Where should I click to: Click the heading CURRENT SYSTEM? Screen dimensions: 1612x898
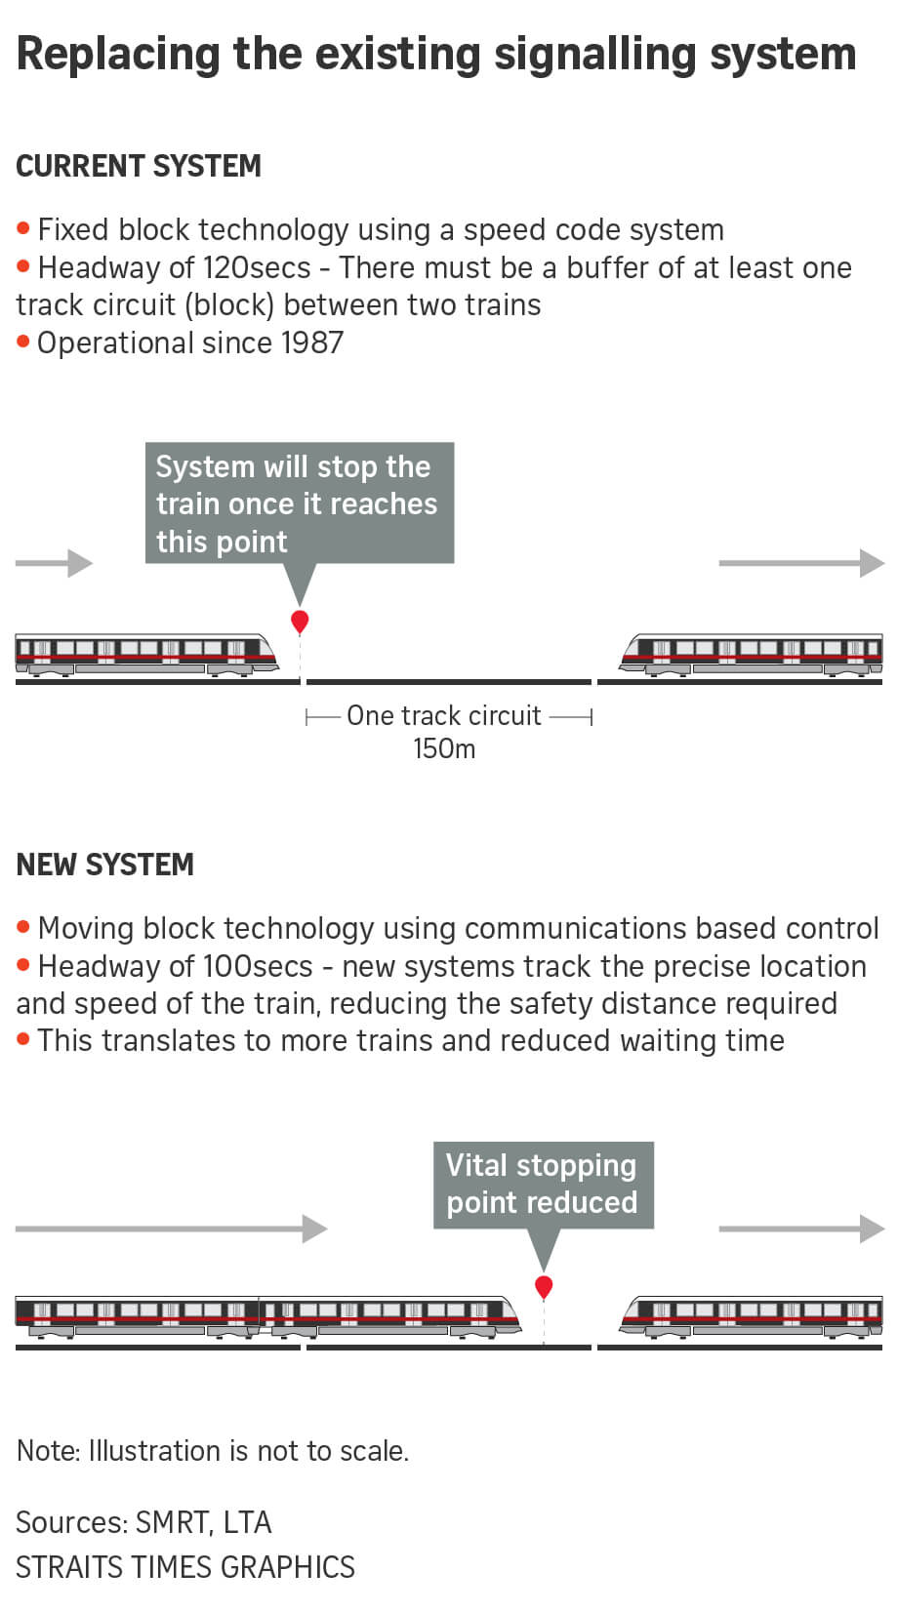(139, 167)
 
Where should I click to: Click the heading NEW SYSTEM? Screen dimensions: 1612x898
(105, 865)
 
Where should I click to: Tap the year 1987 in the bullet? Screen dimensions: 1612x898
(312, 343)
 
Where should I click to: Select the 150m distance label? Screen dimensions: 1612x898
(444, 749)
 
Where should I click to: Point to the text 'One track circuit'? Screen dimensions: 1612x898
(444, 716)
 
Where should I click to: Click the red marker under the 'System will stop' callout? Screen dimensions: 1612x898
(300, 621)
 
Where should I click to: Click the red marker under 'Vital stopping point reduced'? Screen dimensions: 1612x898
(544, 1287)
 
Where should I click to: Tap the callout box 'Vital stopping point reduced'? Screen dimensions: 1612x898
(543, 1185)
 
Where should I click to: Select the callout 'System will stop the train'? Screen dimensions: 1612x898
(299, 504)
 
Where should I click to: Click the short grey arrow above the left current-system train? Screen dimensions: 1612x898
(55, 563)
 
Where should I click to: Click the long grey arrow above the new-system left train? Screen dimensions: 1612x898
(172, 1229)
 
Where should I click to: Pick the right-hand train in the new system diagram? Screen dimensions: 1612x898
(752, 1318)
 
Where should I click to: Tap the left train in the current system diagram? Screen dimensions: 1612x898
(146, 654)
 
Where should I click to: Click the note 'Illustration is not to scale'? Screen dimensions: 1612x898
(213, 1451)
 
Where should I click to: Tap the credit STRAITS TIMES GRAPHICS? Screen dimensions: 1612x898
(185, 1567)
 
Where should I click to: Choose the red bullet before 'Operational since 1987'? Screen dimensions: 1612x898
(23, 343)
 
